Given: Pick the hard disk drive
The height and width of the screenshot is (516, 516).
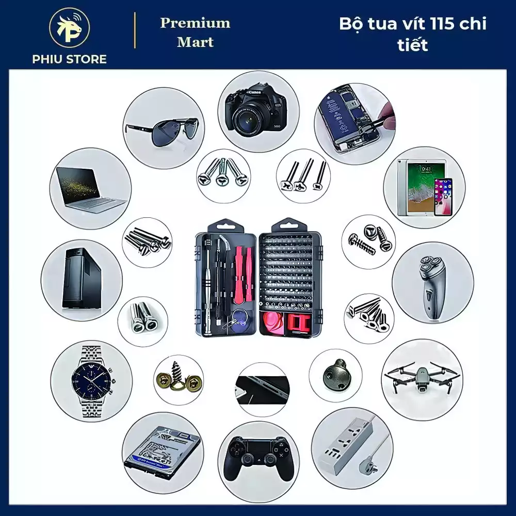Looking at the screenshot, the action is point(163,453).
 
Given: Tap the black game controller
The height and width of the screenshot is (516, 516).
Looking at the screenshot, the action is point(259,459).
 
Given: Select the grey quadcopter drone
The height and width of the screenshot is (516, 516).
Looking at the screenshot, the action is point(422,378).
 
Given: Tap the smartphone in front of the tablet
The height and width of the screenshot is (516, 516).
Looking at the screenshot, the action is point(443,197).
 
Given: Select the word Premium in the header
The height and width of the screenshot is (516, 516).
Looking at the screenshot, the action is point(195,23).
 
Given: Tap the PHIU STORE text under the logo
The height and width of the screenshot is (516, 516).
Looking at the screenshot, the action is point(70,59).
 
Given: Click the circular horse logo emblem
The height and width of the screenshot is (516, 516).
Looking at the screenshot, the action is point(70,28).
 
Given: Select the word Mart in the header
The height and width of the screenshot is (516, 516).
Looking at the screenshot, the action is point(195,42).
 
